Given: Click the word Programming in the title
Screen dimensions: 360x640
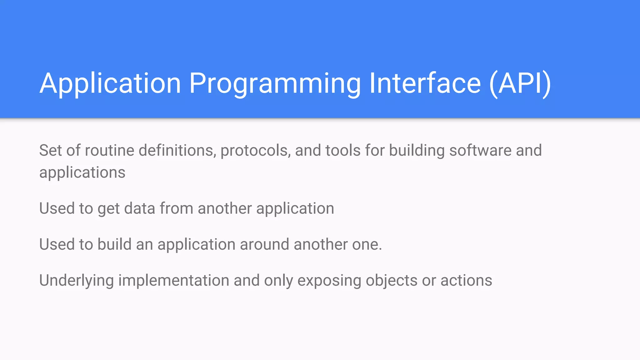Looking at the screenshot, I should [x=275, y=84].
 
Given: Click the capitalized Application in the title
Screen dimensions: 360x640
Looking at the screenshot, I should [x=110, y=84].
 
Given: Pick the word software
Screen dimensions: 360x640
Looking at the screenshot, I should [x=480, y=151].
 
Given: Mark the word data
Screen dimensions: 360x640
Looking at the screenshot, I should [x=140, y=208].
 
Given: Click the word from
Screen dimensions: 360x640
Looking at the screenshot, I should [x=177, y=208].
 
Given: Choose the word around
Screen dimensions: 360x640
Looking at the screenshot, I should [x=264, y=244].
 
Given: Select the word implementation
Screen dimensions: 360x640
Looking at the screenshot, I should [x=174, y=280].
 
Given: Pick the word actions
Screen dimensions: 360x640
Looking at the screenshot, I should [x=466, y=280].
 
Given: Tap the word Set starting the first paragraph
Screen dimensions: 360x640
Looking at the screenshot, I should [x=50, y=151].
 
